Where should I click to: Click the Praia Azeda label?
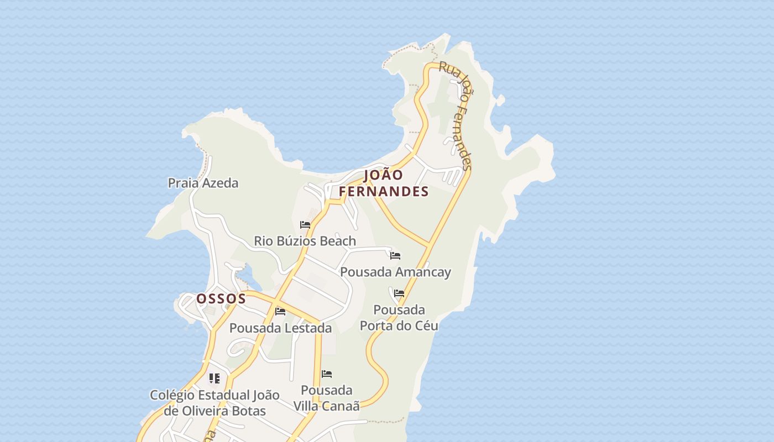203,183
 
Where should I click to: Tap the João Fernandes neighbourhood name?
384,183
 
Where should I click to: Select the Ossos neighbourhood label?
221,299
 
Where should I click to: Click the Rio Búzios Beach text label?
305,241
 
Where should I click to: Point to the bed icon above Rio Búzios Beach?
305,225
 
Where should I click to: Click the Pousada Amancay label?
395,272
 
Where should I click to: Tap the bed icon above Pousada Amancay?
395,256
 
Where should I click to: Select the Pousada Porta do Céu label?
399,318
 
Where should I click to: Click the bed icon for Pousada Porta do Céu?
399,293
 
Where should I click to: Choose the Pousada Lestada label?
280,328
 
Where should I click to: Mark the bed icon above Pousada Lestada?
280,312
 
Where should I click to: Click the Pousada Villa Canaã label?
327,398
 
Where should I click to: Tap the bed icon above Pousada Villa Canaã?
327,374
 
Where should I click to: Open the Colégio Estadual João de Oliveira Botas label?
215,403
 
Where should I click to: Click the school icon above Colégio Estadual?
215,378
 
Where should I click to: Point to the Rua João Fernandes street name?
456,115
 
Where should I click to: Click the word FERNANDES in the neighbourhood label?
384,192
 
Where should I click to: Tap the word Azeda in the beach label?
220,183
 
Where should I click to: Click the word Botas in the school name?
248,411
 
